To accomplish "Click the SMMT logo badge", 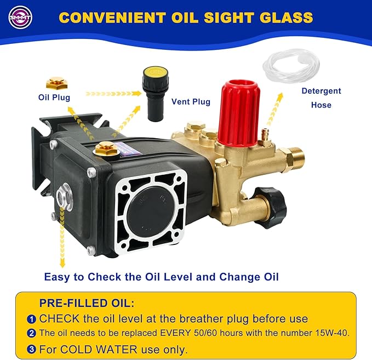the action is tap(20, 17).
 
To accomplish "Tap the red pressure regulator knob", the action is tap(239, 113).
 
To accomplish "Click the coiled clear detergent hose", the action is tap(291, 66).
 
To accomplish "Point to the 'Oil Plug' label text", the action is tap(54, 98).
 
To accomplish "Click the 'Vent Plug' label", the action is tap(191, 101).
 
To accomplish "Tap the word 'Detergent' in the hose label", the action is tap(321, 91).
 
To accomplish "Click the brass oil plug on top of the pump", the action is tap(106, 149).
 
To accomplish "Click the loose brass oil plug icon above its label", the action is tap(56, 83).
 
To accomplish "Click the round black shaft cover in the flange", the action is tap(151, 209).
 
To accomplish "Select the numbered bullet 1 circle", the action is tap(31, 319).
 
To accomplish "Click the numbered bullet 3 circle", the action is tap(31, 350).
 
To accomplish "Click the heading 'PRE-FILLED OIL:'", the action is tap(87, 303).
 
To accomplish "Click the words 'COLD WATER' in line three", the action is tap(99, 350).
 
